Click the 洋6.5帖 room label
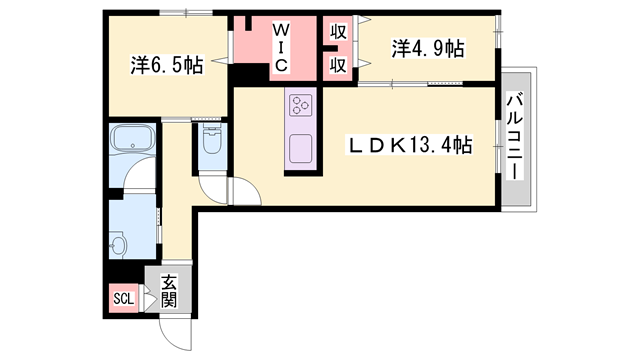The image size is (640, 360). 166,66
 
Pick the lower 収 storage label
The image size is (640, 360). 339,65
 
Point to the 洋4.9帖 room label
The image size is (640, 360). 427,48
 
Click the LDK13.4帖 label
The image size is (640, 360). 410,146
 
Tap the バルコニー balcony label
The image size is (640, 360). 516,136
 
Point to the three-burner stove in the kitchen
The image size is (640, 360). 301,103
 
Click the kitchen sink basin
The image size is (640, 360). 301,150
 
